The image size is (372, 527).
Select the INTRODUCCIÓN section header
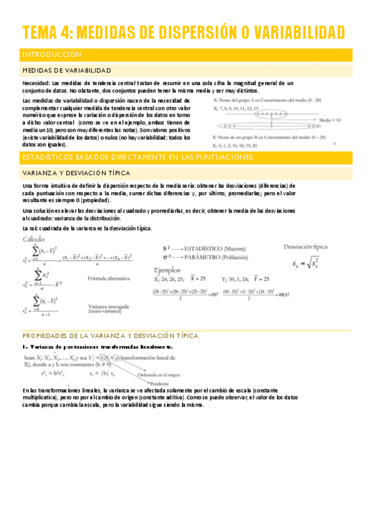click(x=52, y=55)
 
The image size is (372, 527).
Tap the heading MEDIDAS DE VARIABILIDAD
click(x=66, y=71)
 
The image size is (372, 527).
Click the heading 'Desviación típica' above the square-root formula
click(x=310, y=247)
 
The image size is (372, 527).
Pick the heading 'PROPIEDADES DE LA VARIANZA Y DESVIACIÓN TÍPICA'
click(x=110, y=335)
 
